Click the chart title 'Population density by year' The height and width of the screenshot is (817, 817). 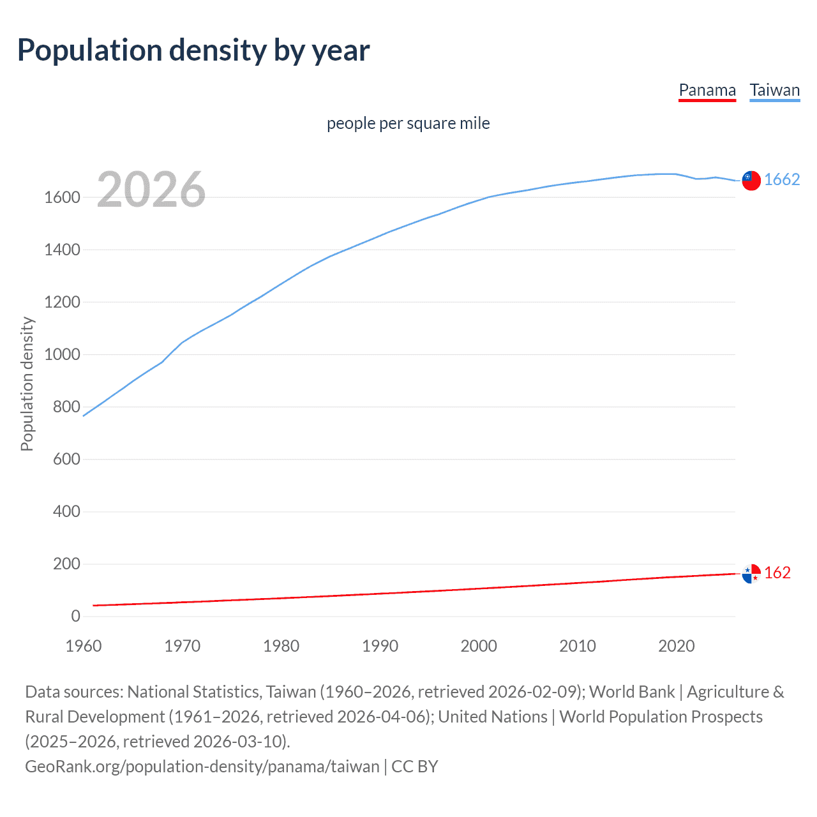tap(193, 50)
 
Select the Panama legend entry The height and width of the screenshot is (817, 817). tap(707, 90)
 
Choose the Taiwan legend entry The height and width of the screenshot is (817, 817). tap(775, 90)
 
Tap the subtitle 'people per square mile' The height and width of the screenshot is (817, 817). tap(408, 123)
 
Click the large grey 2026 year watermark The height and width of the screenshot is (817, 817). tap(151, 190)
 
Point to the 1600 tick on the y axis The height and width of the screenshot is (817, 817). tap(62, 198)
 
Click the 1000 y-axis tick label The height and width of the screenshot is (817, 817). tap(62, 355)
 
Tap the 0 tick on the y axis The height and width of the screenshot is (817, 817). tap(75, 617)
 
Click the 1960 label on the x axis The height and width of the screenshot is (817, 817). tap(84, 646)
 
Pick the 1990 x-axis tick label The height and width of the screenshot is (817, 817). tap(380, 646)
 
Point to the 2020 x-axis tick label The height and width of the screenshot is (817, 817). tap(676, 646)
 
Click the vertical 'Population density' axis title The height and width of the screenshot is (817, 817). tap(27, 384)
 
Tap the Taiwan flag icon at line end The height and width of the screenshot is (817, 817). tap(751, 181)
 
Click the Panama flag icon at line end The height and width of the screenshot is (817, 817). tap(751, 574)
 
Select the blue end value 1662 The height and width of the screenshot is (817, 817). tap(782, 180)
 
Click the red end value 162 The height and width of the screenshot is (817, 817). tap(777, 573)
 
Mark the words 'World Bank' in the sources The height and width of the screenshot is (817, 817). tap(631, 692)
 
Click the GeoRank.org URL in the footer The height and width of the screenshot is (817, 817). tap(202, 767)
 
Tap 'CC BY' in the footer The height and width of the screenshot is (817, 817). tap(415, 767)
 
